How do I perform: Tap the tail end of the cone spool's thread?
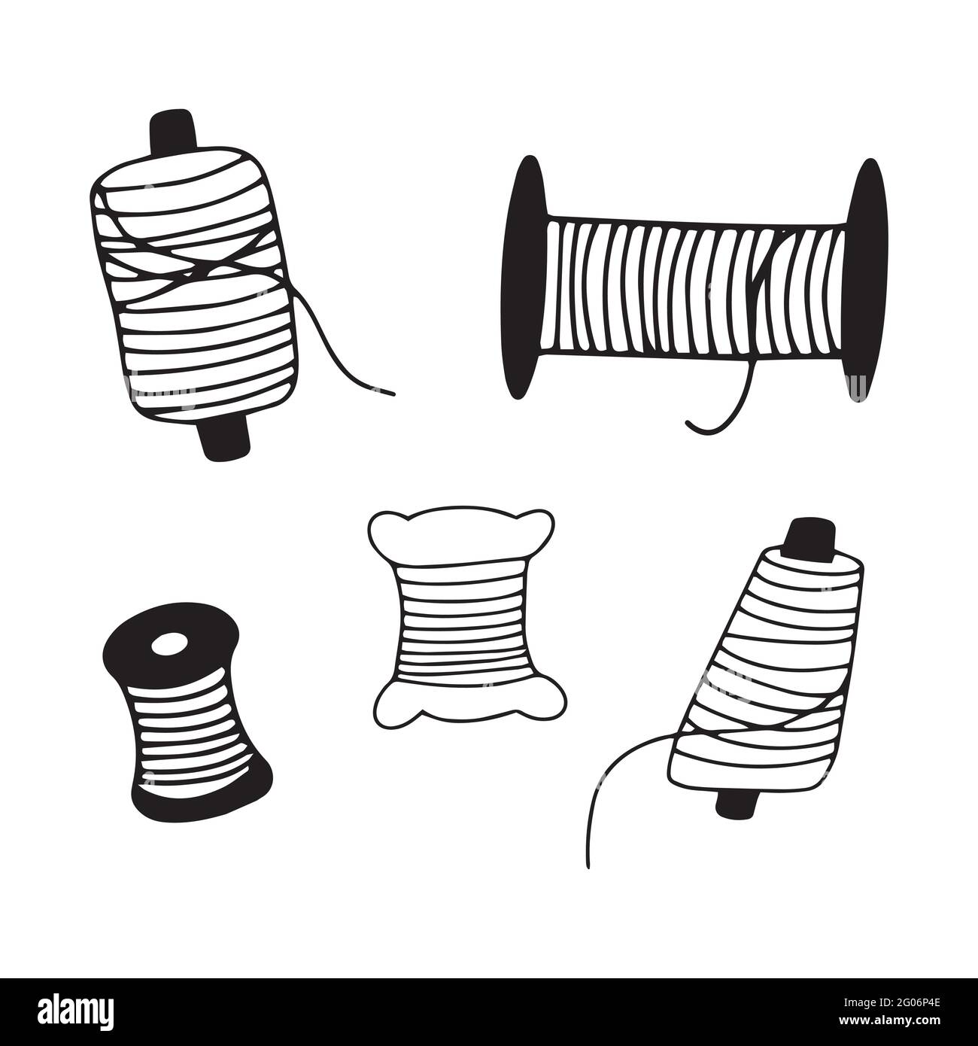point(591,865)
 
